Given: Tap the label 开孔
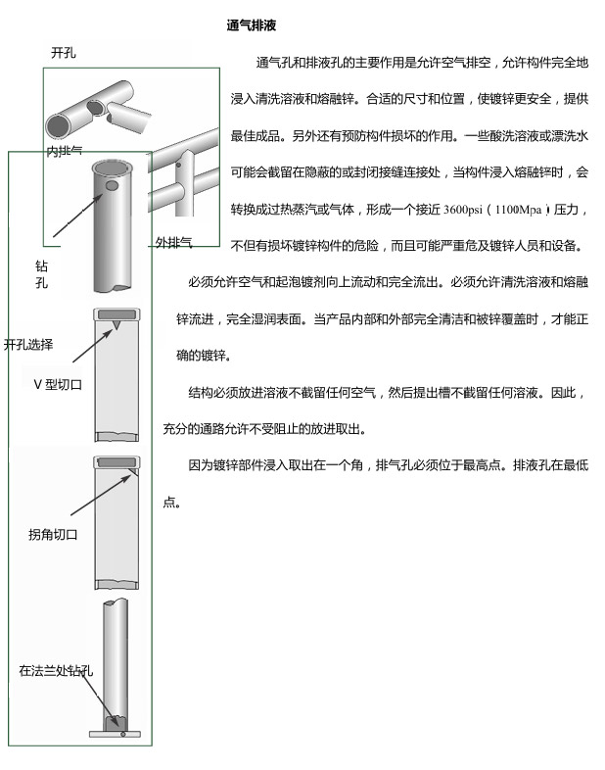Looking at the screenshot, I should [64, 53].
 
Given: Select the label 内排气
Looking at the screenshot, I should [65, 152].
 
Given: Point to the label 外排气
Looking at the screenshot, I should [173, 242].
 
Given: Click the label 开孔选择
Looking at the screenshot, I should [28, 345].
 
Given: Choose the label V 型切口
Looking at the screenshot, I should [58, 384].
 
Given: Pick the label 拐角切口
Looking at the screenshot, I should [53, 535].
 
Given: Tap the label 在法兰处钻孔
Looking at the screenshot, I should [56, 671].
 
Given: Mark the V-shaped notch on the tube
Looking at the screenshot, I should [117, 323].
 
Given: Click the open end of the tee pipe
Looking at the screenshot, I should [61, 122].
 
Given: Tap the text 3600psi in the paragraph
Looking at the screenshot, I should [465, 210].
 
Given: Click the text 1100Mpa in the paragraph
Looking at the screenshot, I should [518, 210].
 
